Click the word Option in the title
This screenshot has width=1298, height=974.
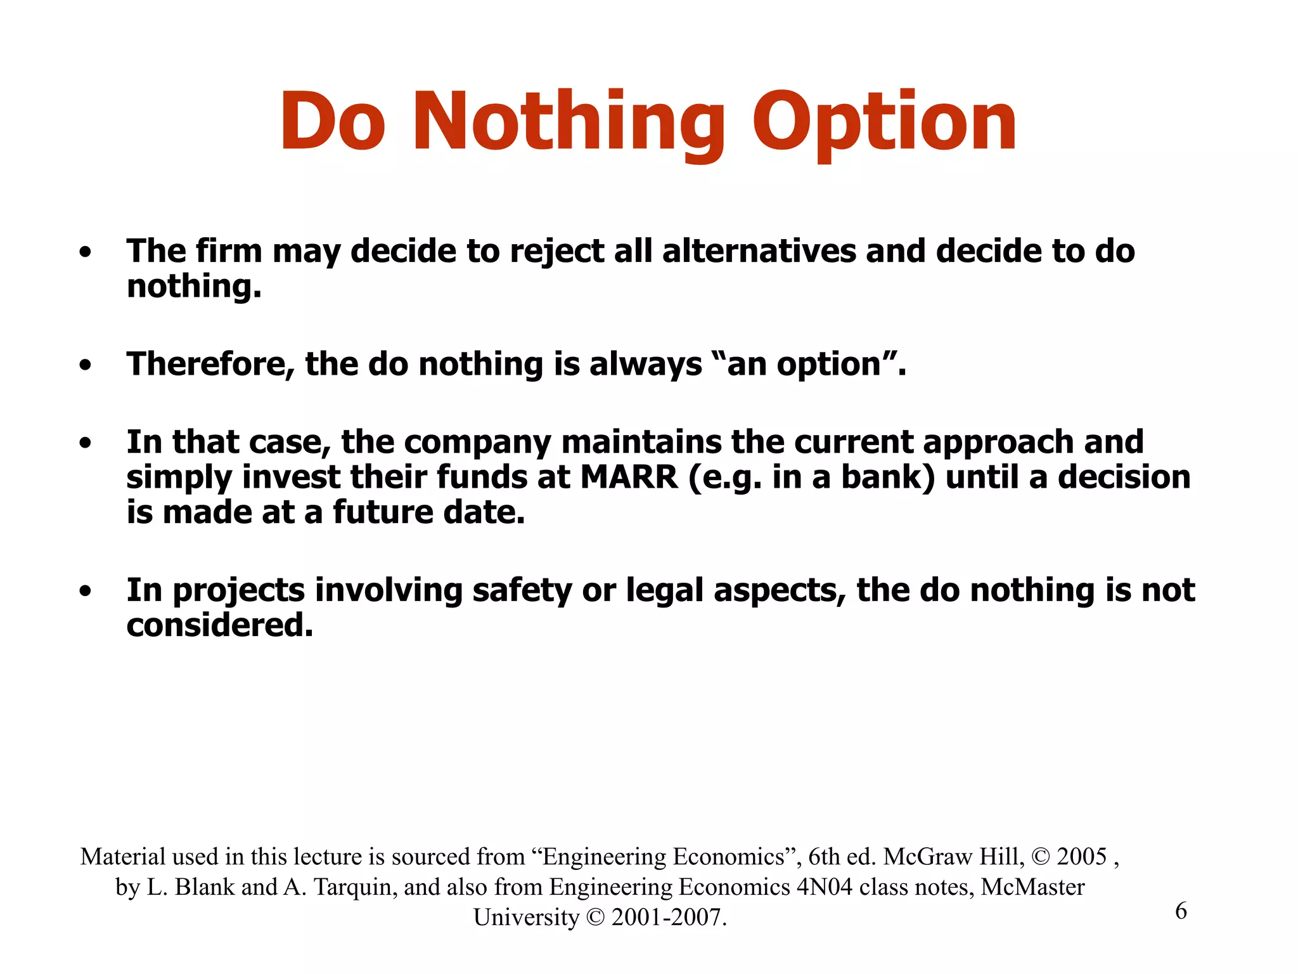click(884, 122)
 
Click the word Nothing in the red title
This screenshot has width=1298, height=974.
click(569, 122)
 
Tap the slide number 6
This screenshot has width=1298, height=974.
click(1181, 911)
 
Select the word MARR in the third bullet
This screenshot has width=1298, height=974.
click(629, 477)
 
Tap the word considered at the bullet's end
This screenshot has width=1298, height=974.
click(219, 625)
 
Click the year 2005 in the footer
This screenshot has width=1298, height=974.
click(1081, 857)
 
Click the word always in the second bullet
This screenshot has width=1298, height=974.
click(645, 365)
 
